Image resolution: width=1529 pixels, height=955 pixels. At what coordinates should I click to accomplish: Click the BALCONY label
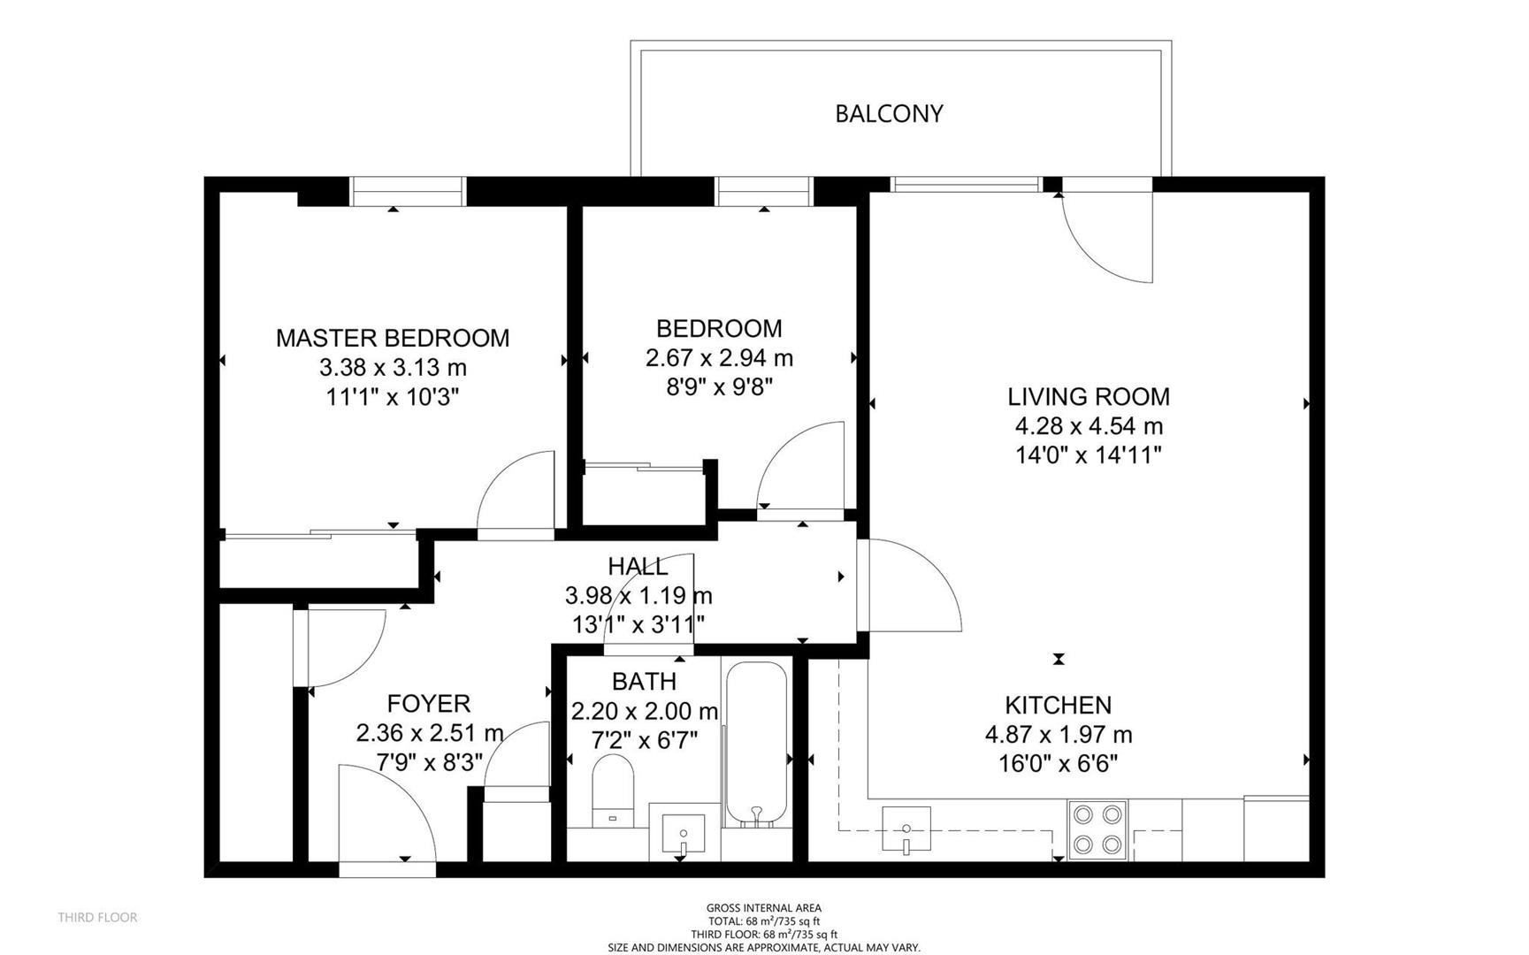click(x=889, y=113)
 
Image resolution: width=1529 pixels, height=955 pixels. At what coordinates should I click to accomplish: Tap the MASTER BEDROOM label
click(x=393, y=338)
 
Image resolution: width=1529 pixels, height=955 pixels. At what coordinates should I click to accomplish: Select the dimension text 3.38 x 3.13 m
click(x=393, y=367)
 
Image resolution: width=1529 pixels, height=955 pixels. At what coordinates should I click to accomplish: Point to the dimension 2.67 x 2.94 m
click(x=719, y=358)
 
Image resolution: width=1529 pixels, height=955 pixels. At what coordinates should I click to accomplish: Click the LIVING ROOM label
click(x=1089, y=396)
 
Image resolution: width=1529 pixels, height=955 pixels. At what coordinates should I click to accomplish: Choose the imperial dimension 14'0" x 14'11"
click(x=1089, y=455)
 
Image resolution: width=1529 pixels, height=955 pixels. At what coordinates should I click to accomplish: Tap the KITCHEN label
click(x=1059, y=705)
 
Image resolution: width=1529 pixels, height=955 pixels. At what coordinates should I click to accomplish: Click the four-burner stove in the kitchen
click(x=1097, y=829)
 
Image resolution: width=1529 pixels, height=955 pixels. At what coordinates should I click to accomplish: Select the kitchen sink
click(x=906, y=829)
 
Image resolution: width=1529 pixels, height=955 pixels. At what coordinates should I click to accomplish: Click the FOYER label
click(x=429, y=704)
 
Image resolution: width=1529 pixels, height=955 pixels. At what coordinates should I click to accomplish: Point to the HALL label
click(x=638, y=566)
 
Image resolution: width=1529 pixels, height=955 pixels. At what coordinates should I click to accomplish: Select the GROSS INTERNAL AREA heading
click(x=764, y=908)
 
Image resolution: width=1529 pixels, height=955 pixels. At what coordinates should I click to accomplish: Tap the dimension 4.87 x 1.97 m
click(x=1059, y=735)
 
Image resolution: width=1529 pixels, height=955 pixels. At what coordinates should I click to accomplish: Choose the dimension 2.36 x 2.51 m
click(x=430, y=733)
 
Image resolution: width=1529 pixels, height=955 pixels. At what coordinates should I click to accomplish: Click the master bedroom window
click(x=408, y=192)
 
